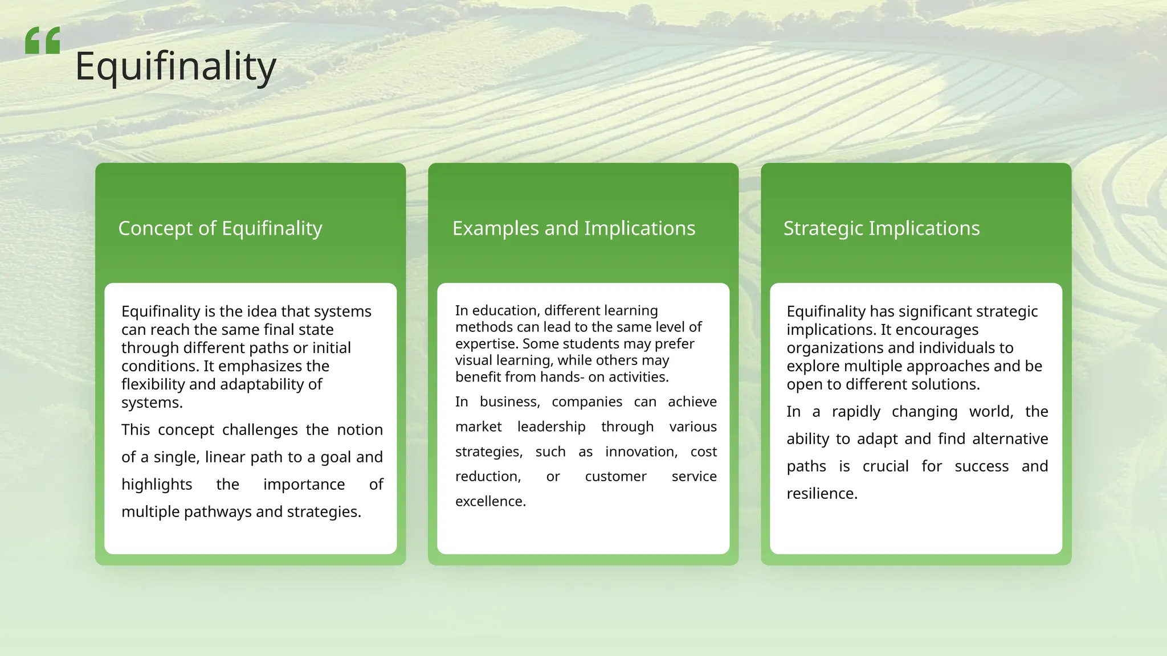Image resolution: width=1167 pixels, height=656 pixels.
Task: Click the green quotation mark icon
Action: click(43, 41)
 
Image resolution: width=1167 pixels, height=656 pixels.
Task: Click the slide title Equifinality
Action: click(176, 67)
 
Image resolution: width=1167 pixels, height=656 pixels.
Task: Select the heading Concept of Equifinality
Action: click(220, 228)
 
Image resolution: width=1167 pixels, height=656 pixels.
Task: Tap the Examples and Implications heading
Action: click(574, 228)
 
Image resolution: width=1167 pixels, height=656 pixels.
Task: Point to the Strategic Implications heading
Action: click(882, 228)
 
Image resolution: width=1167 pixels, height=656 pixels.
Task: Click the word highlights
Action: click(157, 485)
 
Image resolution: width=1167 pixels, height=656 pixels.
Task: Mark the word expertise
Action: click(486, 344)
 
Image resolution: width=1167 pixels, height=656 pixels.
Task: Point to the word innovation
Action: click(641, 452)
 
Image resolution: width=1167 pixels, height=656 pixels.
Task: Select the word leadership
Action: click(551, 427)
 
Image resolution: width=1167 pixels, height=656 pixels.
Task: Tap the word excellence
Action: click(490, 502)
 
